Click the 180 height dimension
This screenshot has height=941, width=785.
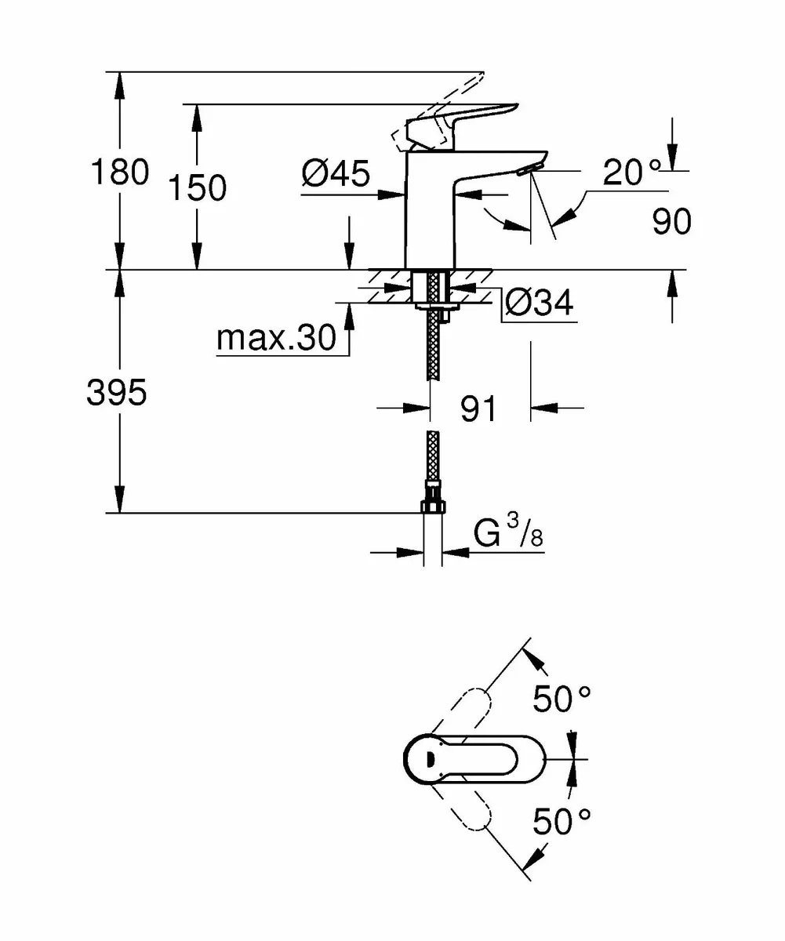[x=119, y=172]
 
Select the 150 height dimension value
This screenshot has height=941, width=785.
[x=197, y=188]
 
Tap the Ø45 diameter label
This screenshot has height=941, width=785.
[x=336, y=173]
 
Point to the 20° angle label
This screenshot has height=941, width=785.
[x=631, y=173]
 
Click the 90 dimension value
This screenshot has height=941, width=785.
[x=672, y=222]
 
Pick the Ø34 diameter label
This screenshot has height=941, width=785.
[x=538, y=302]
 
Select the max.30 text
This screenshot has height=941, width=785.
[x=275, y=339]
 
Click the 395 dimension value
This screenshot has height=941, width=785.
[x=117, y=393]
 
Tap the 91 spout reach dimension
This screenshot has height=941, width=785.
[x=478, y=409]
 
